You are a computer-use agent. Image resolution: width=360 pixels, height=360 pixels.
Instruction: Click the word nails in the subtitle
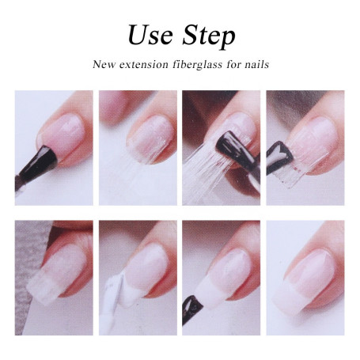point(255,64)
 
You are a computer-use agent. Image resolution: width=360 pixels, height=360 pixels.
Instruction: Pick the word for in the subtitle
point(232,64)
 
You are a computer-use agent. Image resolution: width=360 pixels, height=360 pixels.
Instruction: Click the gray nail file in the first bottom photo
point(32,237)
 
